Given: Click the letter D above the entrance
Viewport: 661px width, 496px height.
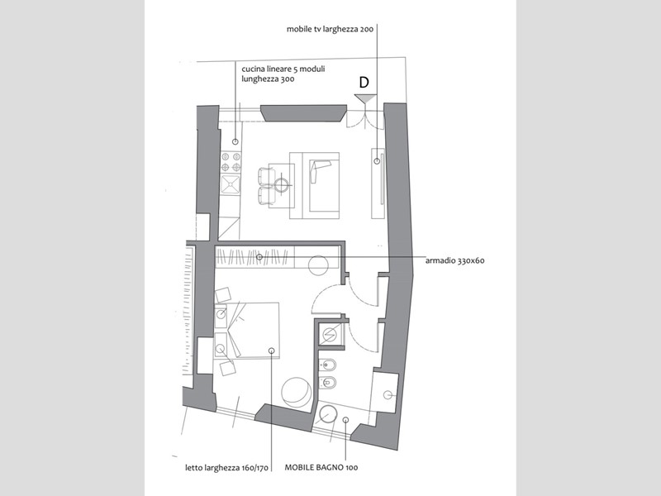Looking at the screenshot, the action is click(364, 83).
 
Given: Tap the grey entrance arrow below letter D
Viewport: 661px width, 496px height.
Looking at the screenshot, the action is click(365, 98).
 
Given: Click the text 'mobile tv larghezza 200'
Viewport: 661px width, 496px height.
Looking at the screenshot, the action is click(330, 30).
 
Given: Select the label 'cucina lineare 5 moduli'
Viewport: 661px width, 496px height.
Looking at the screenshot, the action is click(283, 69).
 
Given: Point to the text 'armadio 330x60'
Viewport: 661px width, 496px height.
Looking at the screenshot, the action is click(455, 260).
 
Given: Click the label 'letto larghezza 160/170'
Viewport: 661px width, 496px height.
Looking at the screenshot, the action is click(226, 468).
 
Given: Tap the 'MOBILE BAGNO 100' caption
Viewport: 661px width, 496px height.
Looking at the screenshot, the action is click(321, 467).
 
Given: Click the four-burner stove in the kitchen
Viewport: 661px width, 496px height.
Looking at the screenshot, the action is click(231, 162).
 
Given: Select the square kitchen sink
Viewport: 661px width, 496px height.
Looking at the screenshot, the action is click(231, 185).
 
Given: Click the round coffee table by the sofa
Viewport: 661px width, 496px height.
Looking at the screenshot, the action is click(282, 184).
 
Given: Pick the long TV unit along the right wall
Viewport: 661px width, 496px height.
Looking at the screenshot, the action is click(378, 183).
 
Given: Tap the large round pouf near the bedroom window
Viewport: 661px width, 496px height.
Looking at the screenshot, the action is click(297, 393).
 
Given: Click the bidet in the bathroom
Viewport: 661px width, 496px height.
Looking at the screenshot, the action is click(327, 365).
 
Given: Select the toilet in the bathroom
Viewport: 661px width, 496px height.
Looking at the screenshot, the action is click(327, 383).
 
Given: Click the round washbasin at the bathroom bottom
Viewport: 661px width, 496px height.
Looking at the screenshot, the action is click(327, 415).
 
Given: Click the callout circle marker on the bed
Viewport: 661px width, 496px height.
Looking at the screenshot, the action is click(272, 351).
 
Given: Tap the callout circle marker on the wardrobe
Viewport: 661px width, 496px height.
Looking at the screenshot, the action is click(259, 257).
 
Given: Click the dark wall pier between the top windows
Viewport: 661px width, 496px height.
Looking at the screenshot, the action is click(303, 113).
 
